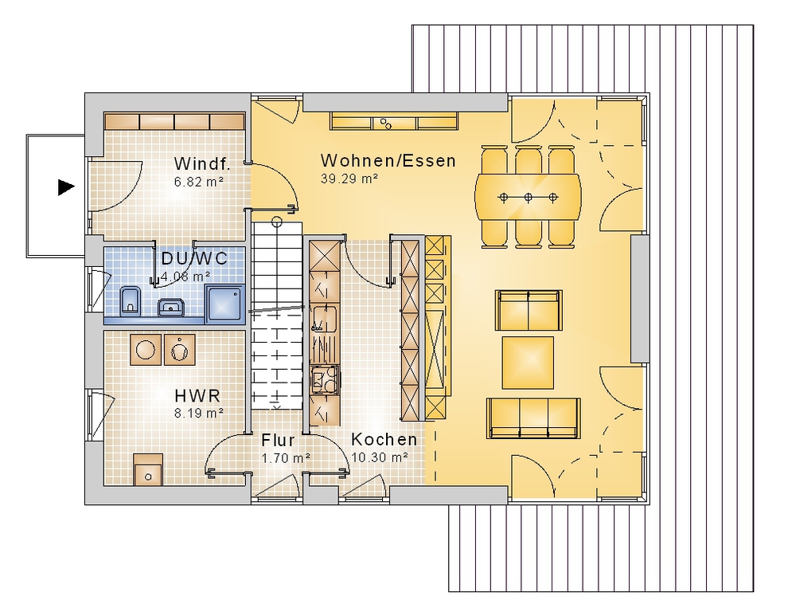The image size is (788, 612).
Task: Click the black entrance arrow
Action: click(x=66, y=187)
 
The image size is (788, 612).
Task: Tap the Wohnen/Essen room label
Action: click(x=388, y=160)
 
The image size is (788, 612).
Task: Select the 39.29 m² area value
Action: click(x=349, y=178)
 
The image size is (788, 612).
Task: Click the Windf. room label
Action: click(x=202, y=163)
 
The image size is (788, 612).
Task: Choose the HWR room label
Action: click(x=197, y=395)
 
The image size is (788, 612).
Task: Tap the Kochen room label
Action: click(x=384, y=439)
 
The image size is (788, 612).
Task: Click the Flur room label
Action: click(x=278, y=441)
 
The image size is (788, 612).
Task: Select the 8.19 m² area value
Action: click(x=199, y=414)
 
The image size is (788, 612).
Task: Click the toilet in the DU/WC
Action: click(x=131, y=301)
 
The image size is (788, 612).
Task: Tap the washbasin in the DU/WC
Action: click(x=172, y=307)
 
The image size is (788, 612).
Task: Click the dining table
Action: click(x=528, y=197)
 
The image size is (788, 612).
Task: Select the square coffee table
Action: click(x=528, y=363)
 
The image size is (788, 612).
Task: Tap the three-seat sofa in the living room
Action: click(x=533, y=418)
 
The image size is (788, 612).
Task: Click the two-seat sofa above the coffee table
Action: click(x=529, y=310)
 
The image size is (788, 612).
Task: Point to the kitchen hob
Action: click(x=325, y=380)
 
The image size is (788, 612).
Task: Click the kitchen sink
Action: click(x=325, y=318)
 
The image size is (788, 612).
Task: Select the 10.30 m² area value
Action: click(x=380, y=457)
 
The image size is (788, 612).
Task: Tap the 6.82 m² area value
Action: click(x=199, y=182)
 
